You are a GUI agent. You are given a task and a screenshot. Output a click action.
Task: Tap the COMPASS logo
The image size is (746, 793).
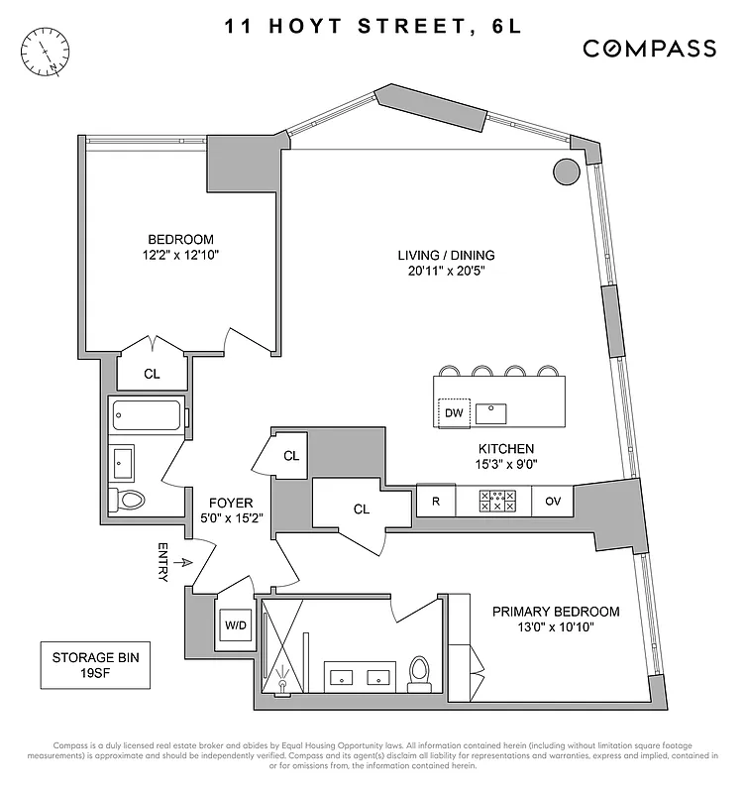pyautogui.click(x=649, y=48)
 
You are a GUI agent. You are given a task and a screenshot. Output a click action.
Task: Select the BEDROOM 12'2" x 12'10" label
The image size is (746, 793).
pyautogui.click(x=180, y=247)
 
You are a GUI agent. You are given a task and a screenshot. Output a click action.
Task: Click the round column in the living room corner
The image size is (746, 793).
pyautogui.click(x=566, y=171)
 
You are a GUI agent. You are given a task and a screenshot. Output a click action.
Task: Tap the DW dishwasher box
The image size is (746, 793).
pyautogui.click(x=454, y=411)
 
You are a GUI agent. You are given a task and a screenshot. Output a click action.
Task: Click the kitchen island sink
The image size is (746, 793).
pyautogui.click(x=492, y=411)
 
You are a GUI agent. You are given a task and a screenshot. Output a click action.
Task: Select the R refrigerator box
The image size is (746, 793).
pyautogui.click(x=435, y=502)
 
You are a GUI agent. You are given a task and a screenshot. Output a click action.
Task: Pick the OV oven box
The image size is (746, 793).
pyautogui.click(x=553, y=502)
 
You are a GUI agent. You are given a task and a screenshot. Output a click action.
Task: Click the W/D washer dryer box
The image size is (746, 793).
pyautogui.click(x=235, y=625)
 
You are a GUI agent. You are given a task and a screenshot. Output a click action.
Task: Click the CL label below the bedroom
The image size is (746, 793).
pyautogui.click(x=152, y=374)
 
